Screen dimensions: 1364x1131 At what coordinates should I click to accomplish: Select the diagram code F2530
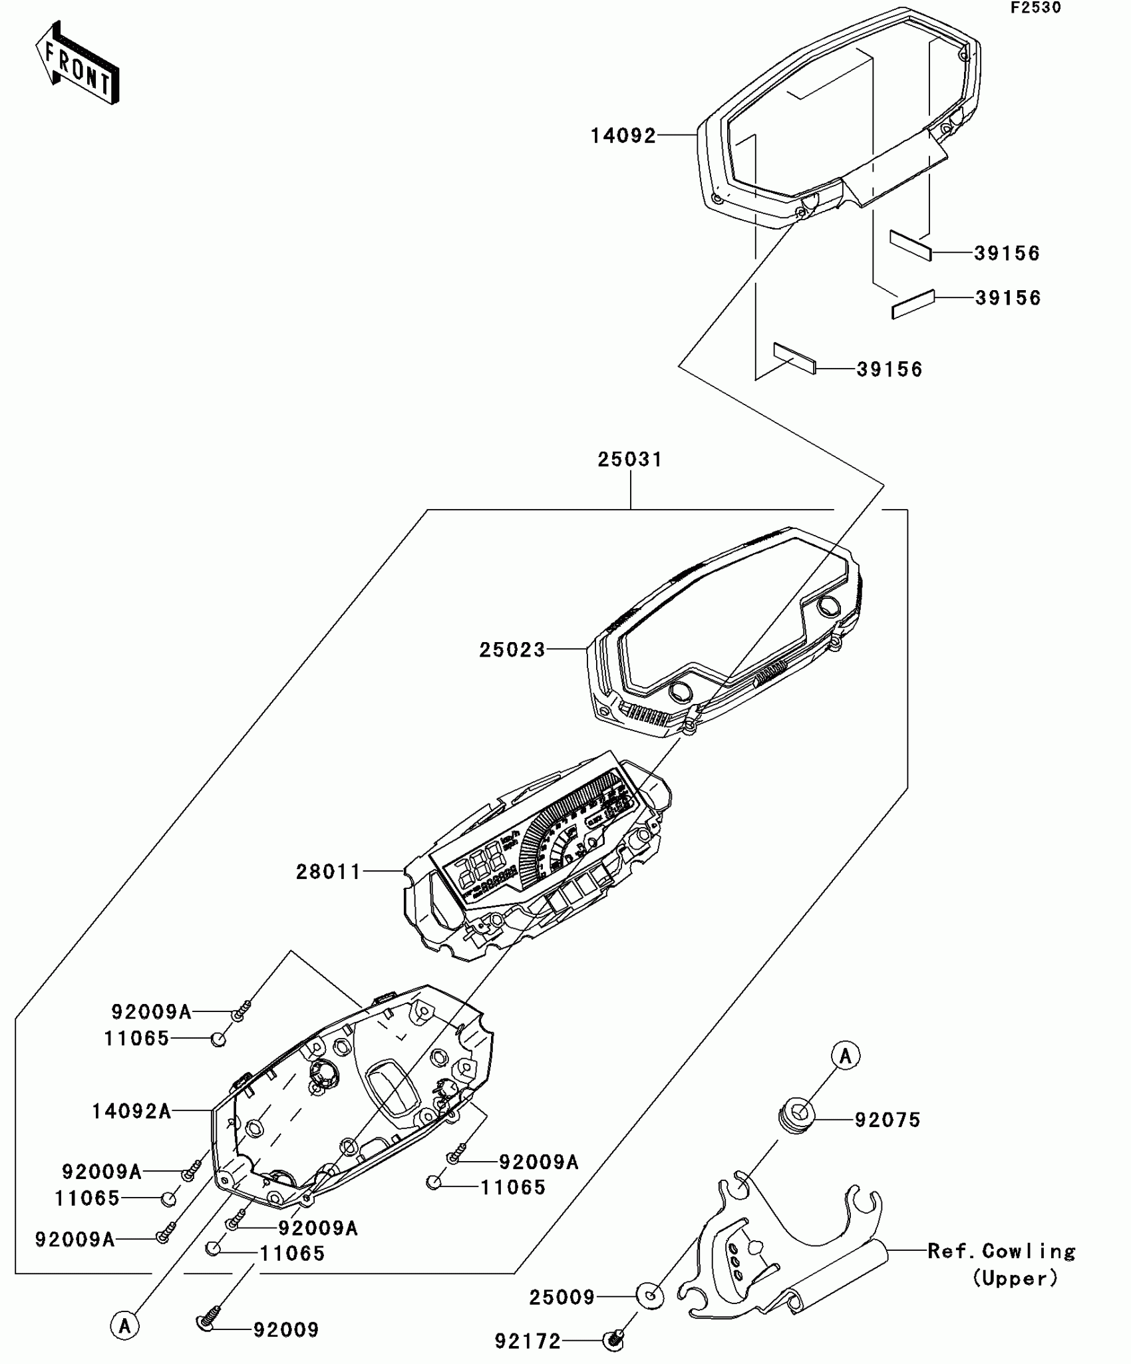pyautogui.click(x=1036, y=8)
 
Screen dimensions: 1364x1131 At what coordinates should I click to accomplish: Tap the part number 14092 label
pyautogui.click(x=623, y=136)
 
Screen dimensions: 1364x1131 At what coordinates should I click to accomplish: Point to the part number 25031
pyautogui.click(x=629, y=460)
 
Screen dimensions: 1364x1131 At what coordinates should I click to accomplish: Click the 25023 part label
pyautogui.click(x=512, y=650)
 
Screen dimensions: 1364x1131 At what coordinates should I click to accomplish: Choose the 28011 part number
pyautogui.click(x=329, y=872)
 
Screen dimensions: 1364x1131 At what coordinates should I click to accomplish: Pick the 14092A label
pyautogui.click(x=132, y=1111)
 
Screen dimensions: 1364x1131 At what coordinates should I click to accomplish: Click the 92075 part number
pyautogui.click(x=888, y=1120)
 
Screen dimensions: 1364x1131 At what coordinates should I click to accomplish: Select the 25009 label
pyautogui.click(x=562, y=1297)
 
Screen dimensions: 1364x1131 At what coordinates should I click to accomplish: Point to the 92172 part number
pyautogui.click(x=528, y=1341)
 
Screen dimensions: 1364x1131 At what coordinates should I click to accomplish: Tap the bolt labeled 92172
pyautogui.click(x=613, y=1340)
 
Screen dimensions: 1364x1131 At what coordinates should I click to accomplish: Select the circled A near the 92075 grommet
pyautogui.click(x=846, y=1056)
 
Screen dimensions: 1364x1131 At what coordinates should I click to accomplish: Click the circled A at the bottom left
pyautogui.click(x=124, y=1325)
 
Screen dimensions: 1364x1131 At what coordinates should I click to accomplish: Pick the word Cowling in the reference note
pyautogui.click(x=1029, y=1252)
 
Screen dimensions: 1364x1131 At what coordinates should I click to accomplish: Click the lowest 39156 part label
pyautogui.click(x=889, y=369)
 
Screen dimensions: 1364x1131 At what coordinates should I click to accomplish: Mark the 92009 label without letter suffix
pyautogui.click(x=286, y=1330)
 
